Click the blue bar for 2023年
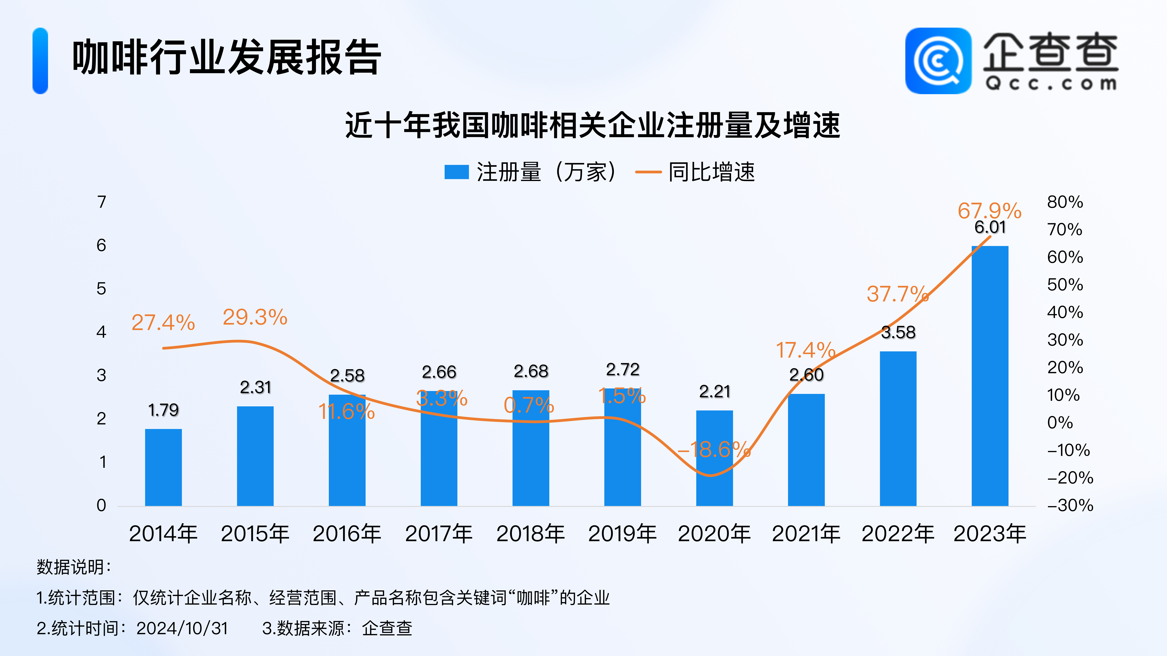[990, 376]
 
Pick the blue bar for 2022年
[898, 428]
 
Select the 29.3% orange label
[255, 317]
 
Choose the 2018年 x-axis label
[530, 534]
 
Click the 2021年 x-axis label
[806, 534]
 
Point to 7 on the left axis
[102, 202]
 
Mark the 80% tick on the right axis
[1065, 202]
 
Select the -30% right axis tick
[1070, 505]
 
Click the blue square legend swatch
[456, 172]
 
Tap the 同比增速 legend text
[712, 172]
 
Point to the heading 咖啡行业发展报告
[227, 58]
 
